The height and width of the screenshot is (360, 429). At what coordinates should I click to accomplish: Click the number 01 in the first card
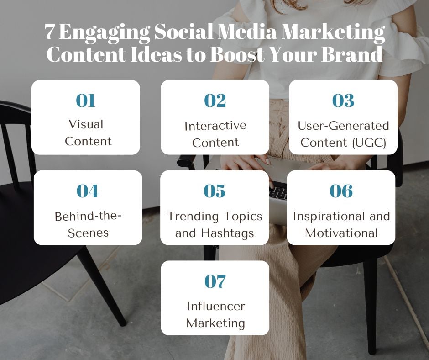pos(86,101)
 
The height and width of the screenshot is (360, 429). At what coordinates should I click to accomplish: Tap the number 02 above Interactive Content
pos(215,101)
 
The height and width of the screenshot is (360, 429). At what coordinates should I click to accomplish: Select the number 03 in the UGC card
pos(343,101)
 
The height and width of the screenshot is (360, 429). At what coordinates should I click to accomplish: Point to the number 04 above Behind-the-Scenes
pos(88,191)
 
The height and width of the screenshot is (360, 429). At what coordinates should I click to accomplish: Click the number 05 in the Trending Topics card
pos(214,191)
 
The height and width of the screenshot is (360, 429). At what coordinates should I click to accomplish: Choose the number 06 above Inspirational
pos(341,191)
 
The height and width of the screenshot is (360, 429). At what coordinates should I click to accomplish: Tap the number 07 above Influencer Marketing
pos(215,281)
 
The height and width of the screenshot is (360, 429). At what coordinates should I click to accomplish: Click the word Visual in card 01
pos(86,124)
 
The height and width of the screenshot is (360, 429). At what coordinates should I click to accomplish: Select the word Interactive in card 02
pos(215,126)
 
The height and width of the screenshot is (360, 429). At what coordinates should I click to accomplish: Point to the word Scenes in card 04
pos(88,233)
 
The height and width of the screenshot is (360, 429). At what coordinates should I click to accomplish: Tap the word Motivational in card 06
pos(341,233)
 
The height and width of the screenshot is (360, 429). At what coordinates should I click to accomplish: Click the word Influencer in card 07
pos(215,306)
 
